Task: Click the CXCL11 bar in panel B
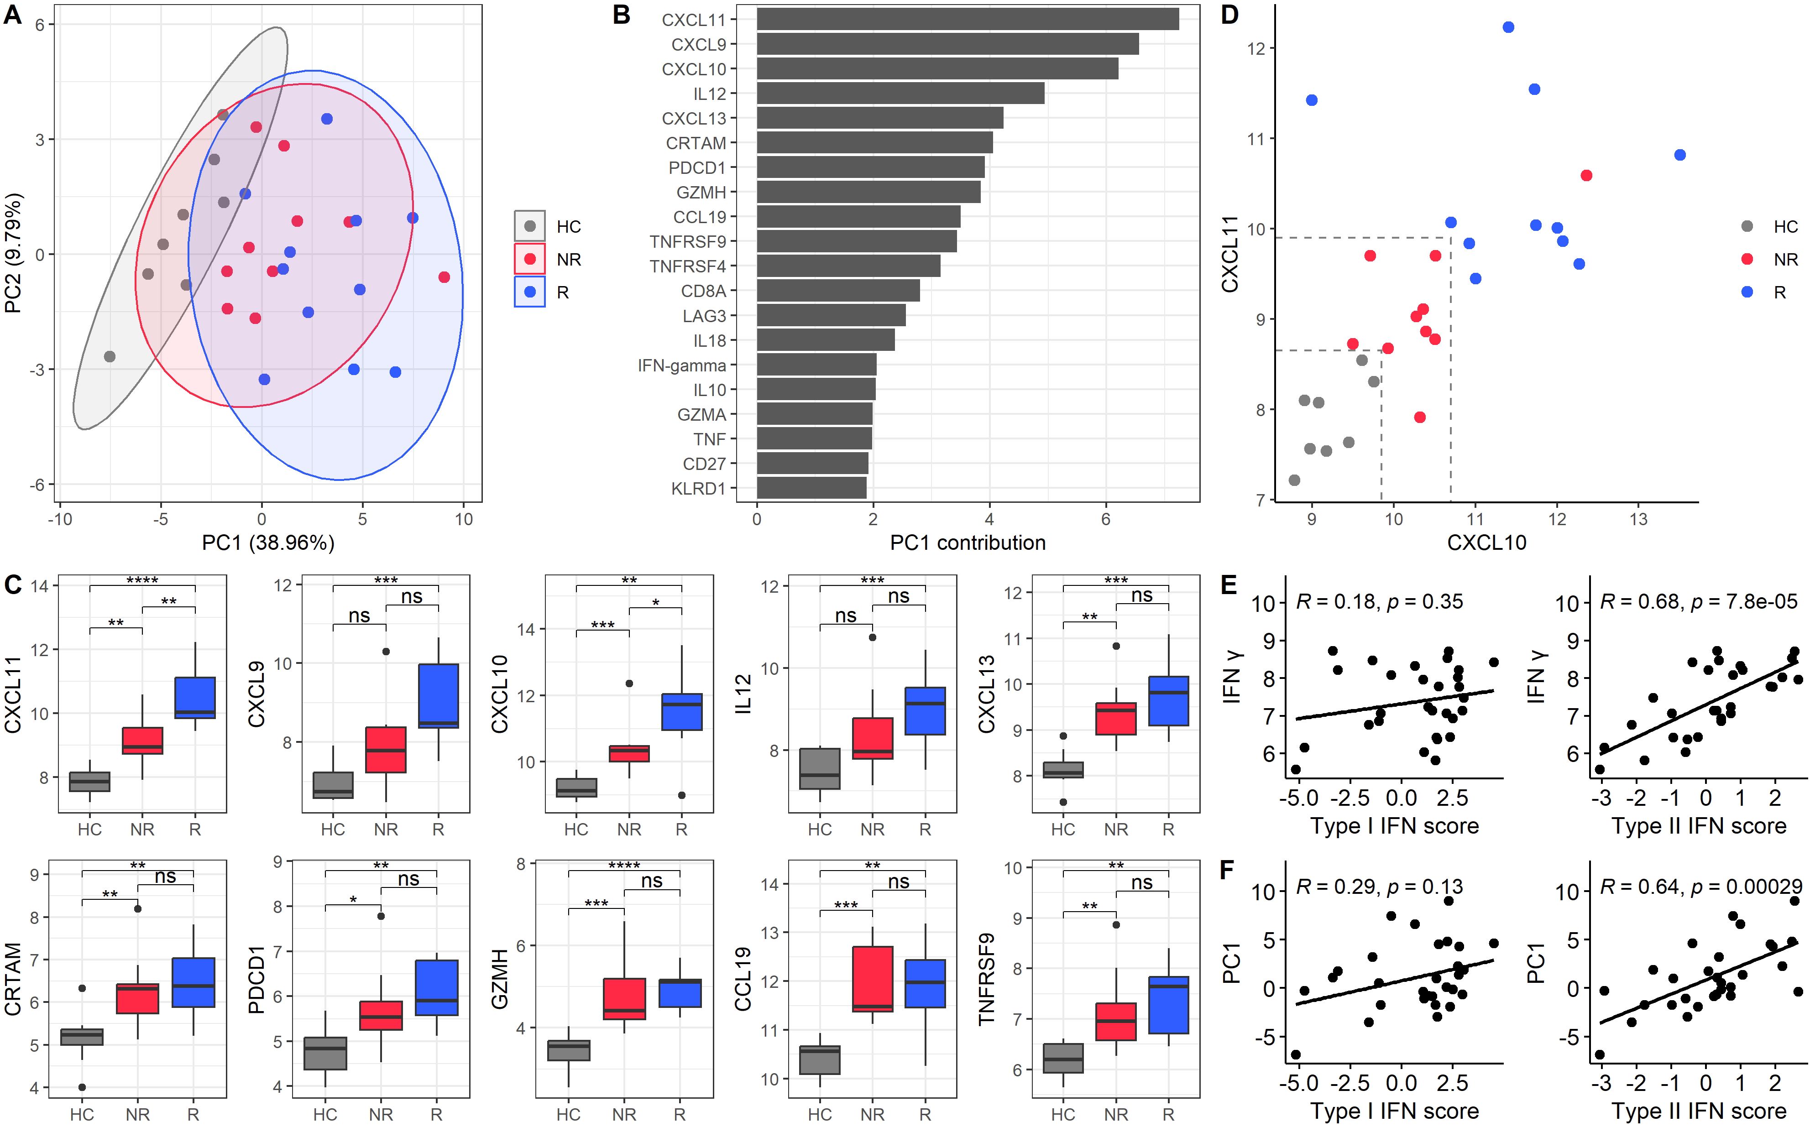click(x=967, y=19)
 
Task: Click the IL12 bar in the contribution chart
click(x=900, y=93)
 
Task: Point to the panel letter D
click(x=1230, y=15)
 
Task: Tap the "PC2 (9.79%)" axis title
click(x=13, y=253)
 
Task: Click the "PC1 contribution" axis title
click(x=968, y=543)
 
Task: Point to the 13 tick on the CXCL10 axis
click(x=1638, y=519)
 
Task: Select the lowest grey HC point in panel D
click(x=1294, y=480)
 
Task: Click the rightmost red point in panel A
click(x=445, y=277)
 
